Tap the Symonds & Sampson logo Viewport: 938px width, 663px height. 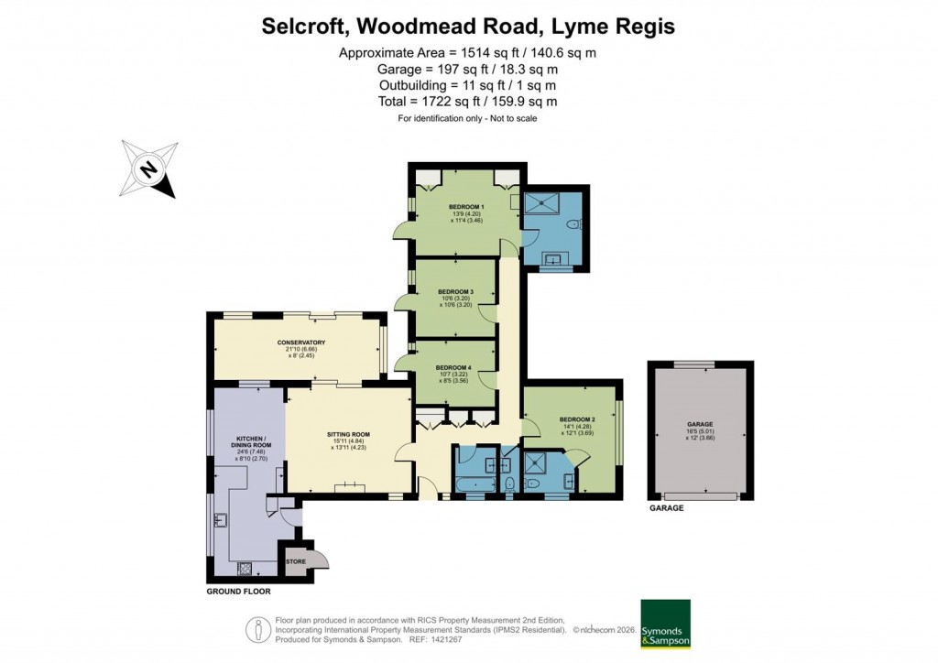pos(665,624)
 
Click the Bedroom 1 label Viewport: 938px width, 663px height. pos(466,206)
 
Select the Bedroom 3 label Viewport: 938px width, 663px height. pos(455,291)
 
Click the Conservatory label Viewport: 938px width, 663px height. pos(301,342)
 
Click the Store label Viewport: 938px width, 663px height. pos(296,561)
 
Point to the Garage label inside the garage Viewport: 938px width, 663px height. pos(700,425)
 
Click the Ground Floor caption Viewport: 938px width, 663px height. pos(238,592)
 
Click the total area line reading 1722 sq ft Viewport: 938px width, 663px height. pos(467,102)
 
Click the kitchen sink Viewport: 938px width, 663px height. pos(221,521)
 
